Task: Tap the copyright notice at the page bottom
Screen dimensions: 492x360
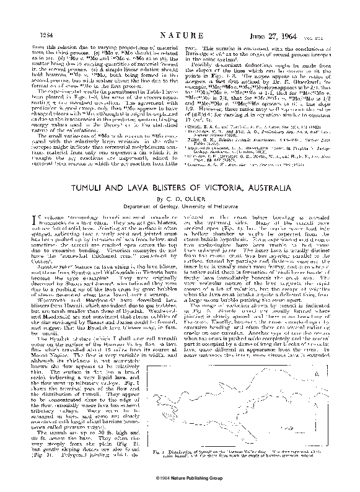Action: click(x=180, y=478)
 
